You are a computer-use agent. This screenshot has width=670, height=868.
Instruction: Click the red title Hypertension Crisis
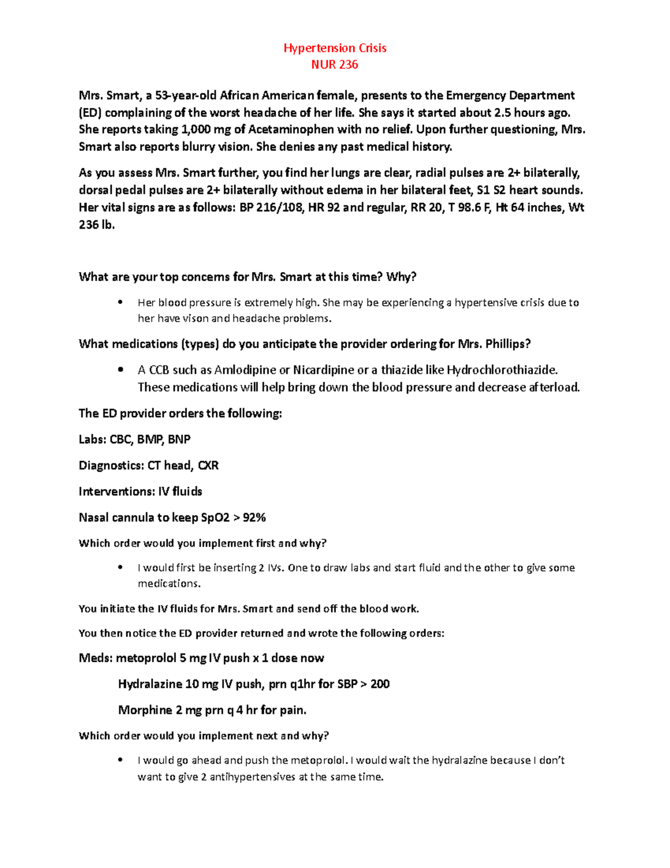point(335,48)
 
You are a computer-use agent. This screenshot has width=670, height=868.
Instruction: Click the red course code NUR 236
point(335,65)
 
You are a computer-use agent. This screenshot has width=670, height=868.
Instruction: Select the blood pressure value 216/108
point(275,208)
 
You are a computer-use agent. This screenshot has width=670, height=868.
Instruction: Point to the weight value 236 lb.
point(97,225)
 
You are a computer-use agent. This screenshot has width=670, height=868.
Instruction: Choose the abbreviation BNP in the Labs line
point(179,440)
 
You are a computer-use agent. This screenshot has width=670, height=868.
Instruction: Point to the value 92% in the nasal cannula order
point(255,518)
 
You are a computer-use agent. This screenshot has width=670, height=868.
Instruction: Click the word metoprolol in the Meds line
point(146,658)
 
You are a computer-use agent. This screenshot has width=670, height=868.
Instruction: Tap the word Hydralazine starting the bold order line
point(150,684)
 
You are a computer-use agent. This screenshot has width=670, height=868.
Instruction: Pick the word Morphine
point(145,710)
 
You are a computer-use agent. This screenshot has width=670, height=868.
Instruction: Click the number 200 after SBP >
point(380,684)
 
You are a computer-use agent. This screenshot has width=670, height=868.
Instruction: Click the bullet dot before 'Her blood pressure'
point(120,303)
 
